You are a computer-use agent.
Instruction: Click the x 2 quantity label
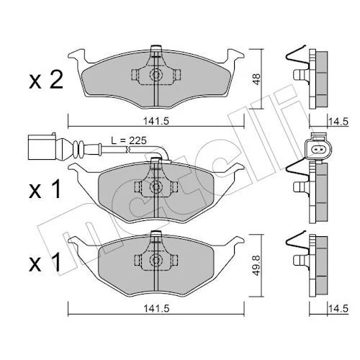pyautogui.click(x=46, y=80)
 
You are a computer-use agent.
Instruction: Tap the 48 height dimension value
pyautogui.click(x=256, y=78)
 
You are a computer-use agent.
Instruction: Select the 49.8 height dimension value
pyautogui.click(x=256, y=265)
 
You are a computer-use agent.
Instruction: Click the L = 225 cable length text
pyautogui.click(x=129, y=140)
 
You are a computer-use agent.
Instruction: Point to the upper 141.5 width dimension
pyautogui.click(x=156, y=121)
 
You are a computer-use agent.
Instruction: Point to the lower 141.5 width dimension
pyautogui.click(x=156, y=308)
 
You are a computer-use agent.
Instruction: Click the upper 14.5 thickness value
pyautogui.click(x=338, y=122)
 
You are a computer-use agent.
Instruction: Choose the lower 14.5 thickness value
pyautogui.click(x=338, y=309)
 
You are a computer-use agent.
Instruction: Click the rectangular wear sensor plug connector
pyautogui.click(x=42, y=146)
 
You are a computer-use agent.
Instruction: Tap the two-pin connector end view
pyautogui.click(x=318, y=149)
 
